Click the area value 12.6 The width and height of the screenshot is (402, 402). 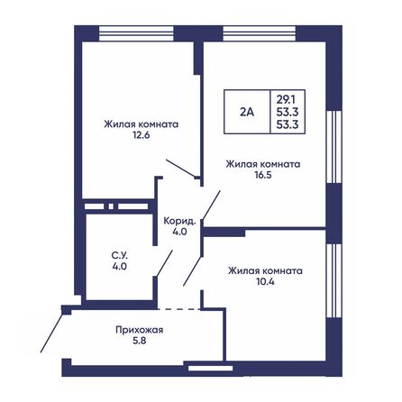point(140,138)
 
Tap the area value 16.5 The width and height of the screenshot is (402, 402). point(262,177)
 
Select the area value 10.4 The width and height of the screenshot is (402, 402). point(264,282)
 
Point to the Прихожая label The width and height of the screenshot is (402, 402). point(139,330)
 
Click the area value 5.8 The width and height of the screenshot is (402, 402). point(139,342)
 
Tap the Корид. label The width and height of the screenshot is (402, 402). point(179,220)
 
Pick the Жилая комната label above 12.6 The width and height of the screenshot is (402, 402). point(140,125)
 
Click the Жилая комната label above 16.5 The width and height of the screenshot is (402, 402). point(262,164)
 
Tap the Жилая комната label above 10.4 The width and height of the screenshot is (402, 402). point(264,270)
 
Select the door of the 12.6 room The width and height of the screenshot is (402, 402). point(181,169)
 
